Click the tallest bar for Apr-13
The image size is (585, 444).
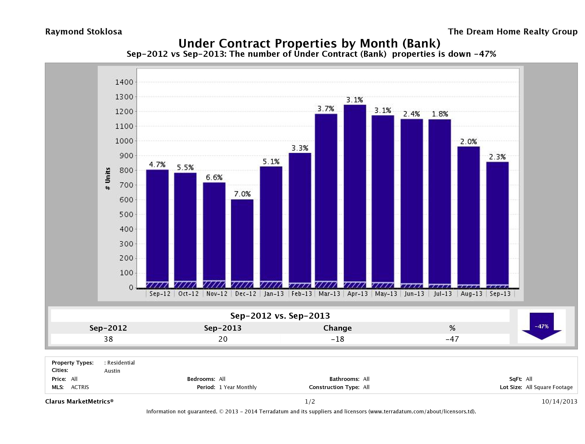[x=355, y=196]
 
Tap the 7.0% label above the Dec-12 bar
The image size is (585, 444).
[x=242, y=194]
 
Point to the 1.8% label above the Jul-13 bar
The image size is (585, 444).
[x=440, y=114]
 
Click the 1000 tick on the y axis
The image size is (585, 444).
[x=124, y=141]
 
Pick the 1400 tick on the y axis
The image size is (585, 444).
[x=124, y=82]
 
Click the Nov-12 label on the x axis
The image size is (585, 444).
[x=217, y=294]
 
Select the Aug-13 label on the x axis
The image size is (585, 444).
[x=471, y=294]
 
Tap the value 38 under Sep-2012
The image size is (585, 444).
[x=108, y=339]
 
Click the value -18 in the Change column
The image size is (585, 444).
[x=338, y=339]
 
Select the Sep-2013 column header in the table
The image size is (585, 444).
[x=223, y=328]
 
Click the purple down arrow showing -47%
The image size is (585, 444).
[x=541, y=326]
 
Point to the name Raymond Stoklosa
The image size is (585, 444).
[x=84, y=32]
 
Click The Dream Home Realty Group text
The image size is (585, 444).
[x=512, y=32]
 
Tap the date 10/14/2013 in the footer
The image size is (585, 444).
[x=559, y=401]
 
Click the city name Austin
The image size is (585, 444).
[x=112, y=371]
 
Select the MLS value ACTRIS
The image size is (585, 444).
[x=80, y=387]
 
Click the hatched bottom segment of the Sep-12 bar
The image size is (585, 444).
[x=157, y=285]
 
